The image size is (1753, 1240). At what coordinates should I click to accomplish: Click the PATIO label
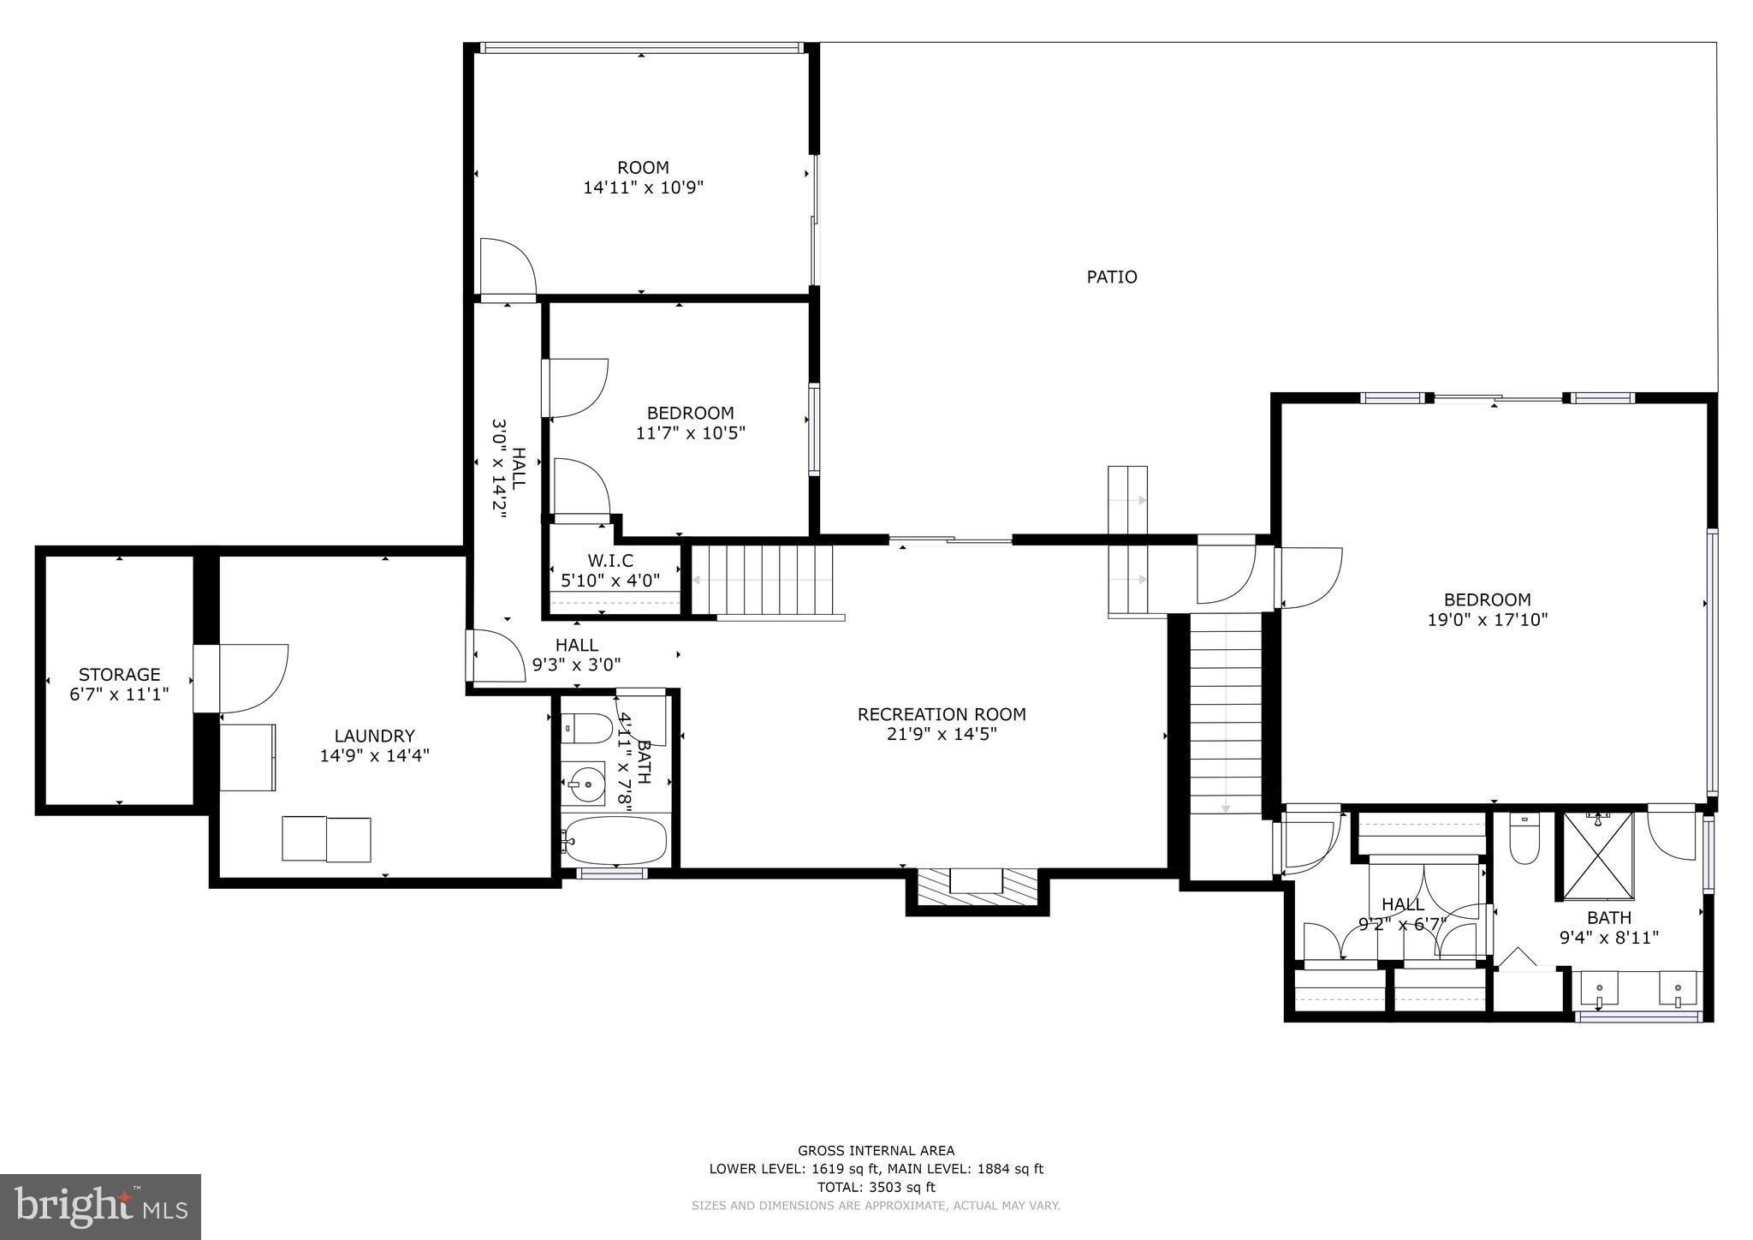point(1111,277)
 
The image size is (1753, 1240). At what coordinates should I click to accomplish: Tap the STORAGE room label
point(119,674)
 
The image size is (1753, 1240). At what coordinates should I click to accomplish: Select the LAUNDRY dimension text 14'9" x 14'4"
point(374,755)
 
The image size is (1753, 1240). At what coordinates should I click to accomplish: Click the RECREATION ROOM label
point(942,713)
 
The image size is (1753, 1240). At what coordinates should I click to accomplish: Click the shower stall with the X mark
point(1598,855)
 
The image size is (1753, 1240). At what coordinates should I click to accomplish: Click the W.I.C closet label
point(610,560)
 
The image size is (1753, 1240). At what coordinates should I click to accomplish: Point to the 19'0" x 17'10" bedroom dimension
point(1487,619)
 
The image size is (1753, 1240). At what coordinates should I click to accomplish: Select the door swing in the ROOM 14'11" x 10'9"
point(507,268)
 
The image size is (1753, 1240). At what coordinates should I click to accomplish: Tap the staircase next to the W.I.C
point(762,580)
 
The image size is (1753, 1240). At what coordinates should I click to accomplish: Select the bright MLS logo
point(100,1207)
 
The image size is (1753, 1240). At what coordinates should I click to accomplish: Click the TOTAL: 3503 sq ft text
point(876,1187)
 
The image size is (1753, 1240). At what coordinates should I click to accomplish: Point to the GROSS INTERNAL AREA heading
point(876,1150)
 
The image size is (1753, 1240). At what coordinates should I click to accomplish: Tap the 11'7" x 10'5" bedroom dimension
point(690,432)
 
